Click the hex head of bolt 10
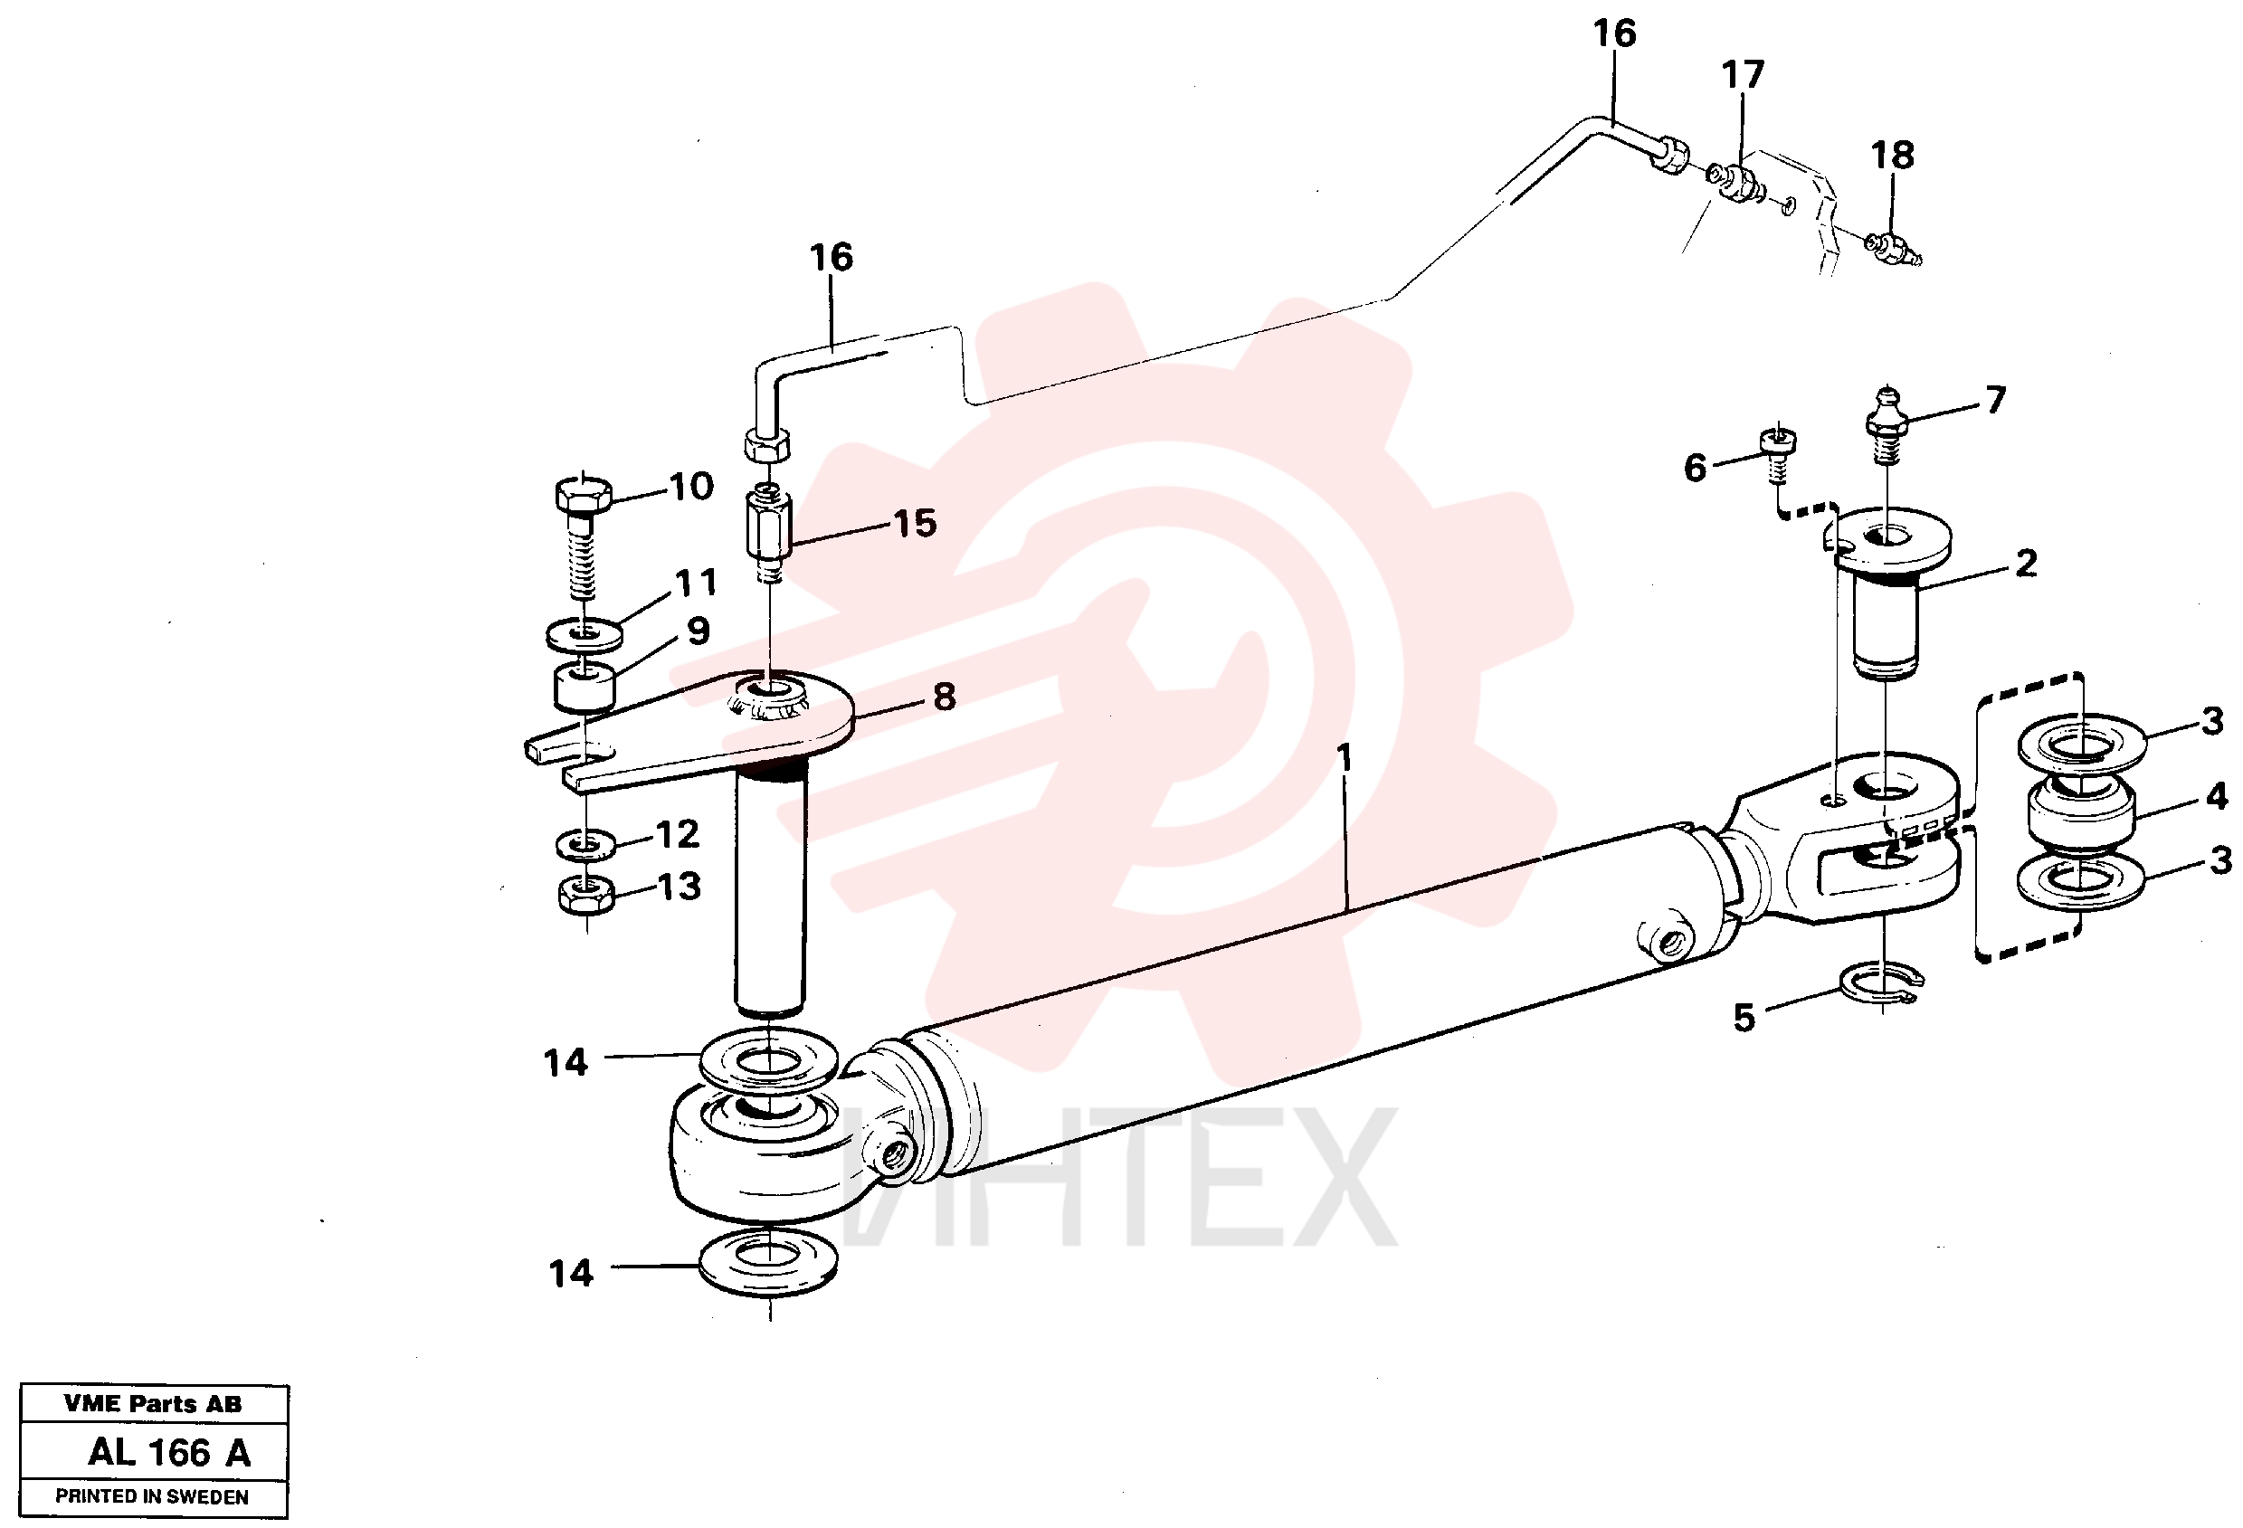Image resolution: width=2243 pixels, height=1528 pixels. (x=583, y=494)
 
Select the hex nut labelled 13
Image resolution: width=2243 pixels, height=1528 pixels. (x=585, y=893)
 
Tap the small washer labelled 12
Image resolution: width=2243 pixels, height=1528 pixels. (x=585, y=844)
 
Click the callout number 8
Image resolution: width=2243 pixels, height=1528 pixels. (x=944, y=697)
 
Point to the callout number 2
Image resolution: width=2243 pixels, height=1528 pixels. (x=2026, y=563)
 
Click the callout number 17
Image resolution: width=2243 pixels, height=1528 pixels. (x=1743, y=74)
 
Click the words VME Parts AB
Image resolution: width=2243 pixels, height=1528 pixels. (x=153, y=1403)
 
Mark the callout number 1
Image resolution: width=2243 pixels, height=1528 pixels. (x=1345, y=758)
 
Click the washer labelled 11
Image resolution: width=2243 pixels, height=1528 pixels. (x=584, y=634)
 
